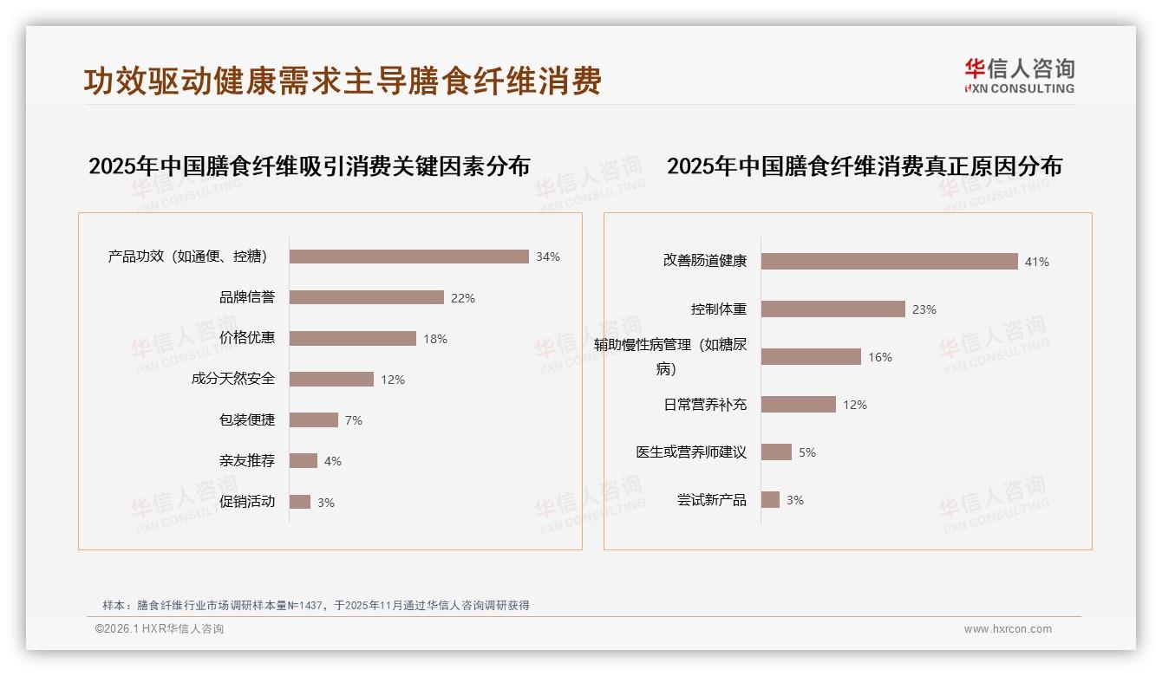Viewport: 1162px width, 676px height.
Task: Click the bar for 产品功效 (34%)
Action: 408,257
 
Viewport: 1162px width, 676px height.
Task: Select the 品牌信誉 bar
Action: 366,297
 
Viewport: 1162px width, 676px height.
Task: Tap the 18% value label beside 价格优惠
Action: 435,339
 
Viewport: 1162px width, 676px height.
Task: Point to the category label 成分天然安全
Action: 233,379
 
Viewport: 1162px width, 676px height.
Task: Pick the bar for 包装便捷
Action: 313,419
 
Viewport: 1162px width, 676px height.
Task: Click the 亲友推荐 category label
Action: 247,461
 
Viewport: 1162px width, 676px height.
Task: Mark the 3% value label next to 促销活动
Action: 326,503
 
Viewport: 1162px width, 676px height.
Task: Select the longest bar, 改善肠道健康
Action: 889,261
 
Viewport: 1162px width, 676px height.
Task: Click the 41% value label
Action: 1037,262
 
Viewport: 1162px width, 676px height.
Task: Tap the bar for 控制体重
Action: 832,309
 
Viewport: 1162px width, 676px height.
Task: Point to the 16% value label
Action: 880,357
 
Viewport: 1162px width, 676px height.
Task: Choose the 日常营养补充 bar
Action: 798,405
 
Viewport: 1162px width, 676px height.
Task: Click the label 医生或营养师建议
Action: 691,452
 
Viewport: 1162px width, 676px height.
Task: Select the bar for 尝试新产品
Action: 770,500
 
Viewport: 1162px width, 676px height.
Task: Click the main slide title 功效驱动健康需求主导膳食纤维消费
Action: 343,81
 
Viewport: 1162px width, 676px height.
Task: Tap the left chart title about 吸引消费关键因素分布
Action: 309,166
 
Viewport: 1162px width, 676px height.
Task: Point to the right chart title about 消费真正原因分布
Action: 864,166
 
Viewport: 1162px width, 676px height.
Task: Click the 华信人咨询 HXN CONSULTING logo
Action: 1019,76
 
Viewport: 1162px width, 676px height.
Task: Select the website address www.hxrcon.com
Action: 1008,629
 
